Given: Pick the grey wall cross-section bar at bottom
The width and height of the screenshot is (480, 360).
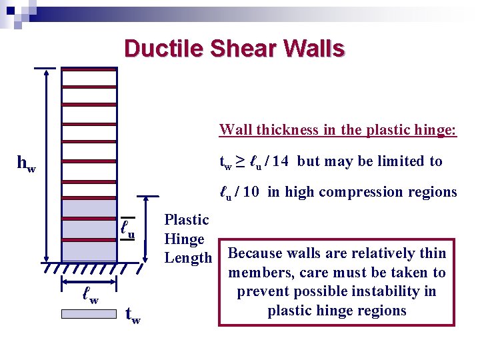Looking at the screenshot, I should [x=89, y=313].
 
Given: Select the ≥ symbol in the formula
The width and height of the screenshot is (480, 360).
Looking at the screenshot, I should [x=239, y=161].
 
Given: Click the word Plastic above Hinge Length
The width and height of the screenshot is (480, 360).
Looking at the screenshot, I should [x=187, y=220].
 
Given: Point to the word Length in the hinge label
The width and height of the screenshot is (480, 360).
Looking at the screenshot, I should [x=188, y=258].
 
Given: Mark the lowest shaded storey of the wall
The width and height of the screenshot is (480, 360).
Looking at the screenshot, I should [x=89, y=251].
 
